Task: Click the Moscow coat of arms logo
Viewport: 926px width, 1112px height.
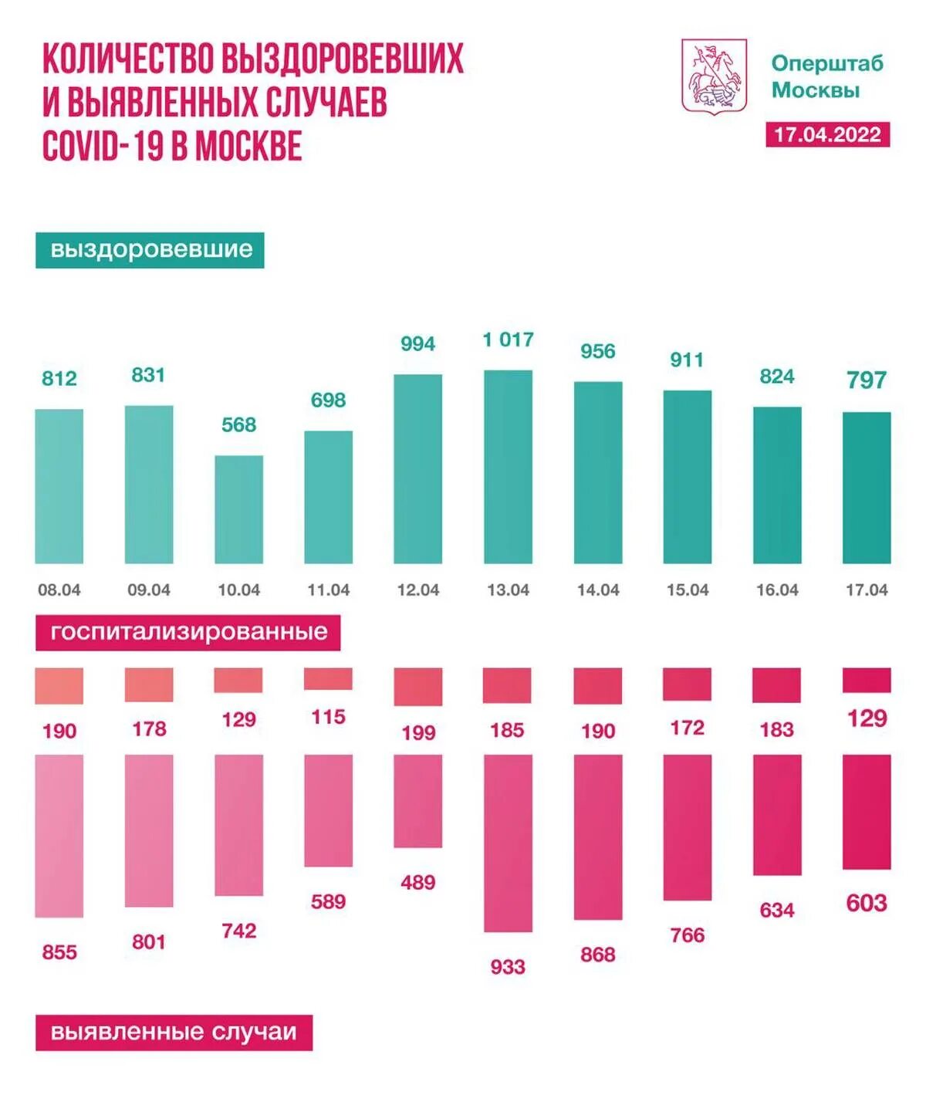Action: pyautogui.click(x=714, y=76)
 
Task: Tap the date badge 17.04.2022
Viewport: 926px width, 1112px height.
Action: pyautogui.click(x=827, y=135)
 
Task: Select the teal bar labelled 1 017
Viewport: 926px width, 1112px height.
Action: pyautogui.click(x=508, y=466)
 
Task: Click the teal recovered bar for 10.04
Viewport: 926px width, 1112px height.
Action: pyautogui.click(x=238, y=509)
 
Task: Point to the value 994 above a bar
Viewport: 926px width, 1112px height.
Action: pyautogui.click(x=417, y=343)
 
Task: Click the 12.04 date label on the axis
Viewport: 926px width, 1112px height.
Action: pyautogui.click(x=417, y=590)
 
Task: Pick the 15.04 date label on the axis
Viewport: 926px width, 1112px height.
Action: pyautogui.click(x=687, y=590)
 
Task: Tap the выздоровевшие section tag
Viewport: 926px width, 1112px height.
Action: pyautogui.click(x=150, y=250)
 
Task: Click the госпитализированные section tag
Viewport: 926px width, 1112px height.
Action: pyautogui.click(x=188, y=632)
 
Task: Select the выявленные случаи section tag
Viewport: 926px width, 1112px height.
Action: pyautogui.click(x=174, y=1033)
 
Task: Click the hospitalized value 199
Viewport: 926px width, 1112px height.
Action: pyautogui.click(x=417, y=732)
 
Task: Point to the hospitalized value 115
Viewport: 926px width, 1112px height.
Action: pyautogui.click(x=328, y=717)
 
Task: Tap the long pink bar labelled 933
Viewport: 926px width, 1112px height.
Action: pyautogui.click(x=508, y=843)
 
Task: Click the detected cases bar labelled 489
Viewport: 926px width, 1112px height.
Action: pyautogui.click(x=417, y=801)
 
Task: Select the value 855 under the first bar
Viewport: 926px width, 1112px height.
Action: pyautogui.click(x=59, y=952)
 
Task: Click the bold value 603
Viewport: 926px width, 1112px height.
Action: pyautogui.click(x=866, y=903)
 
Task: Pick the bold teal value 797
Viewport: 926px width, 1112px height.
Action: pyautogui.click(x=866, y=380)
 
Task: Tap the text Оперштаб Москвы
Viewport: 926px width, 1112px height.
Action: pyautogui.click(x=826, y=76)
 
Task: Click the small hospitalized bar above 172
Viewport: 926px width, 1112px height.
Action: pyautogui.click(x=687, y=684)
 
